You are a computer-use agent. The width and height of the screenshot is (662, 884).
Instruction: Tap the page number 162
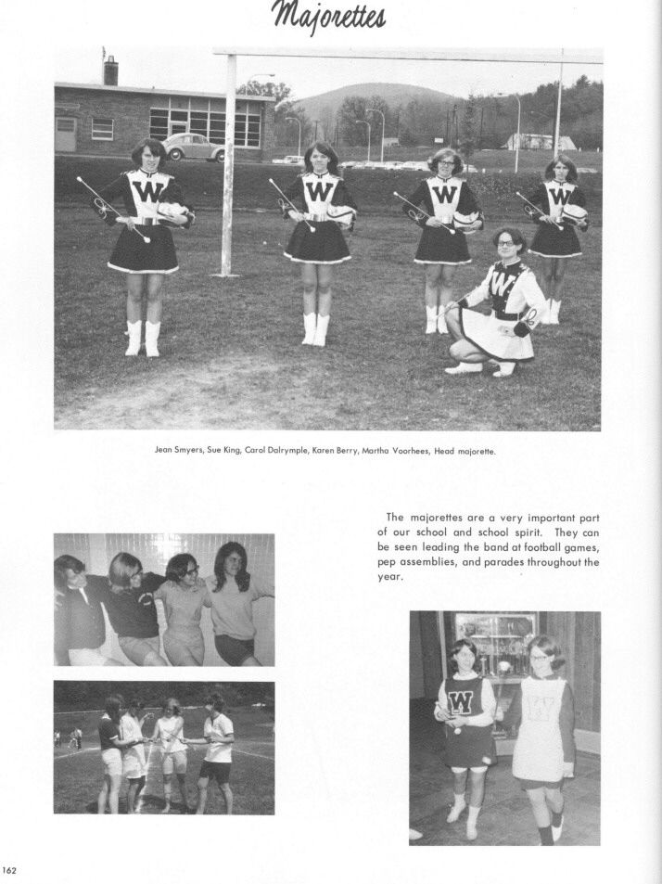10,869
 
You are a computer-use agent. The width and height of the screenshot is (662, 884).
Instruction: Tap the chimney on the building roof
111,70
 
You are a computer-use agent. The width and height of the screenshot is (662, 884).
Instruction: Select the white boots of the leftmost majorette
143,338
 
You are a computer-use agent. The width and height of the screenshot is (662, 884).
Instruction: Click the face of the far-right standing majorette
561,170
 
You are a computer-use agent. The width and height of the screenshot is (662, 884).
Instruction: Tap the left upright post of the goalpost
227,167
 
